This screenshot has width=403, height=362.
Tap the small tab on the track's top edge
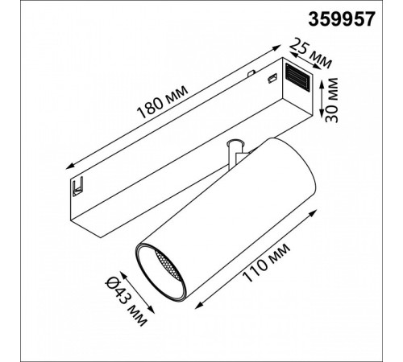tap(251, 72)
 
